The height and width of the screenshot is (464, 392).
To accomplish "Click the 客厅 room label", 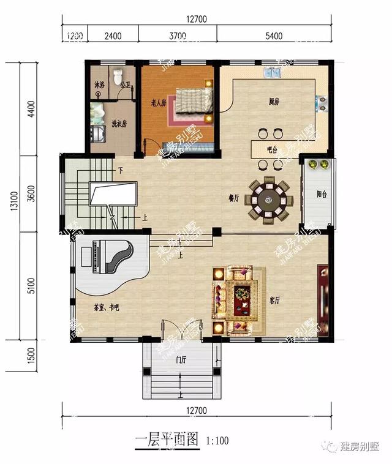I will pos(274,301).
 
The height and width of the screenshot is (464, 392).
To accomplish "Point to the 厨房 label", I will pos(274,102).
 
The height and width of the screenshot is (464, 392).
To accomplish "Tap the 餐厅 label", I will pos(233,198).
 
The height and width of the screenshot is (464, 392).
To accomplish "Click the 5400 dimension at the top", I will pos(274,36).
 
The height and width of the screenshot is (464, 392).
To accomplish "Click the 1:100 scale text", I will pos(217,440).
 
